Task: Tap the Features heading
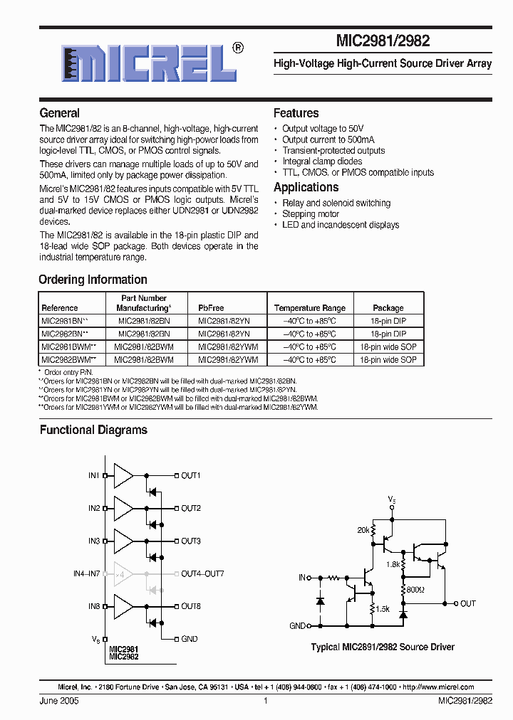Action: pos(296,113)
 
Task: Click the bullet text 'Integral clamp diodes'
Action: pos(322,162)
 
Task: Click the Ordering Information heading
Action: pos(93,280)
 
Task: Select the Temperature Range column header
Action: pos(310,308)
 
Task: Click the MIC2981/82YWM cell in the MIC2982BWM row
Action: pos(227,360)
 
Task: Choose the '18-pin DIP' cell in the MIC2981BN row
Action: pos(388,321)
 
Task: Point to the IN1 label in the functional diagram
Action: pos(94,475)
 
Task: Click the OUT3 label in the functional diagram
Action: pos(190,541)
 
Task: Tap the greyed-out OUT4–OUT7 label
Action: pos(202,573)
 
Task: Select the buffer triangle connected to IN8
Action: pos(123,606)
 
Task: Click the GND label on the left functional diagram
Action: pos(190,639)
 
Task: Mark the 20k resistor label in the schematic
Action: pos(363,531)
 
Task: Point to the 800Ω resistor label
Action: pos(415,590)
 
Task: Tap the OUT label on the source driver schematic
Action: pos(467,603)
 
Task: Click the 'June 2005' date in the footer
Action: pos(59,701)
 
